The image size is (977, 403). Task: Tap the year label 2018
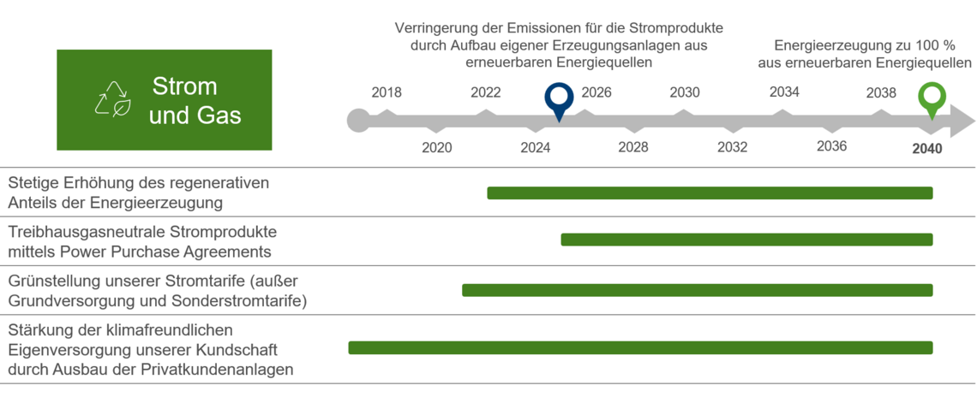pos(387,93)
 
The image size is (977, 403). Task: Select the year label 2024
pos(536,147)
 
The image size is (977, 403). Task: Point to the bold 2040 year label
pos(926,149)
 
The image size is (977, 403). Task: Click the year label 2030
pos(684,93)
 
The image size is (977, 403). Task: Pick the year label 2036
pos(831,146)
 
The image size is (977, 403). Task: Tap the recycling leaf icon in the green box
pos(112,99)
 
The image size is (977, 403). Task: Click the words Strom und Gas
pos(195,100)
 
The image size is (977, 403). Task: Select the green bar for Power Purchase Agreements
pos(746,240)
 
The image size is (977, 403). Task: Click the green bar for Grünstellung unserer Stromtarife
pos(697,290)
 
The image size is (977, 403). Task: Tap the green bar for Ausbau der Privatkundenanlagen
pos(640,347)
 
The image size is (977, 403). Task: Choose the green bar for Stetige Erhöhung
pos(710,193)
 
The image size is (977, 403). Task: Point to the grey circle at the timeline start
pos(358,121)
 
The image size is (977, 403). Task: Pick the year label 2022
pos(486,93)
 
